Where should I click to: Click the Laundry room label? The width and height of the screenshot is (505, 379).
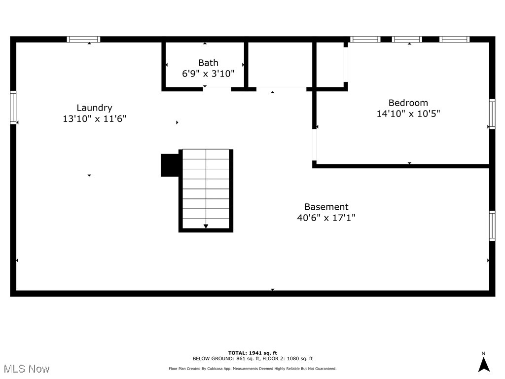[94, 108]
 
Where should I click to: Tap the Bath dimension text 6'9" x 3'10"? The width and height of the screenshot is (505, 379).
[208, 74]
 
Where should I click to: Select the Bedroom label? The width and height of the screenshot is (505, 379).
[408, 103]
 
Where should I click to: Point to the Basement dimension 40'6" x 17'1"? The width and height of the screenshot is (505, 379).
[326, 218]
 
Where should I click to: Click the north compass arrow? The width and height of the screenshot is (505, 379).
[484, 364]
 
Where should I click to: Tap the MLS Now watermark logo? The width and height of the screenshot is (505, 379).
[27, 369]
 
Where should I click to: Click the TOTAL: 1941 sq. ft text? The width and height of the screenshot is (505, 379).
[252, 353]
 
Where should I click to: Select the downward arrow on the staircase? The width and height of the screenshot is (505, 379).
[206, 226]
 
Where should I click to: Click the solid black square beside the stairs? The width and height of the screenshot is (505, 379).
[170, 165]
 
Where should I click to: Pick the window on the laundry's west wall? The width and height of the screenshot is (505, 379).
[13, 107]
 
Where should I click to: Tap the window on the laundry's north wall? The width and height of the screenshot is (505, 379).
[83, 39]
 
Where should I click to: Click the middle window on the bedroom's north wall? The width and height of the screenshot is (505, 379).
[407, 39]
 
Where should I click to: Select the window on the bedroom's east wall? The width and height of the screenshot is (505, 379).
[492, 114]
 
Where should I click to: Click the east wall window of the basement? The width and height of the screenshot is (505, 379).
[492, 226]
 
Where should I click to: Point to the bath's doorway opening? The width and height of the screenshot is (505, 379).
[217, 89]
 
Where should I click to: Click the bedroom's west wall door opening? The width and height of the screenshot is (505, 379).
[314, 145]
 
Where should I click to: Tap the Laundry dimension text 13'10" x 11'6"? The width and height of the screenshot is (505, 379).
[94, 119]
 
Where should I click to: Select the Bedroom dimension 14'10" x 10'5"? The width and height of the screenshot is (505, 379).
[408, 114]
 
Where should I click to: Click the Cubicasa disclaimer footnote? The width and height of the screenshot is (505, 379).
[252, 369]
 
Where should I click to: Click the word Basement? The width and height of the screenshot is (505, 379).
[326, 207]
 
